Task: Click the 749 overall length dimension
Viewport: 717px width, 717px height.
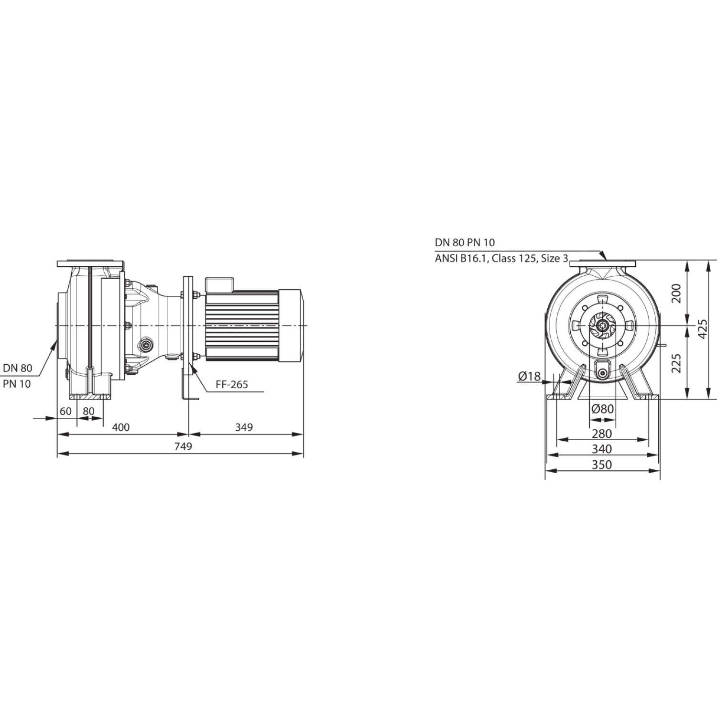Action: point(183,446)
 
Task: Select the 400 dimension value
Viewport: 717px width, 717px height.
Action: point(120,427)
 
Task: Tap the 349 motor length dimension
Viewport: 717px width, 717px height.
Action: point(244,427)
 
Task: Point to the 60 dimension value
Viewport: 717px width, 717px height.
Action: point(65,411)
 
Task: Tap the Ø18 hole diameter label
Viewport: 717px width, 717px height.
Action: point(529,377)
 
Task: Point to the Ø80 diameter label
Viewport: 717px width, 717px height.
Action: point(602,409)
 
